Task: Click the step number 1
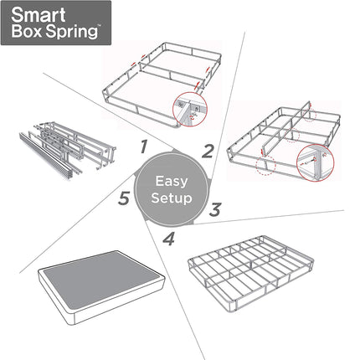(x=143, y=147)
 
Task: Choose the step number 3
(x=214, y=209)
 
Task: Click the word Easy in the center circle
(x=171, y=181)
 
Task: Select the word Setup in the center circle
(x=171, y=199)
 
